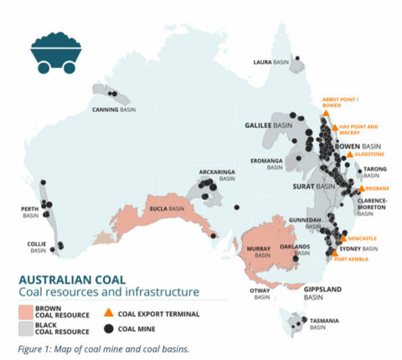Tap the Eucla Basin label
coord(166,208)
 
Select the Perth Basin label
coord(30,213)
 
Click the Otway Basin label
coord(261,293)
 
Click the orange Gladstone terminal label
coord(369,155)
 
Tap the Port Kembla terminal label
coord(352,259)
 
